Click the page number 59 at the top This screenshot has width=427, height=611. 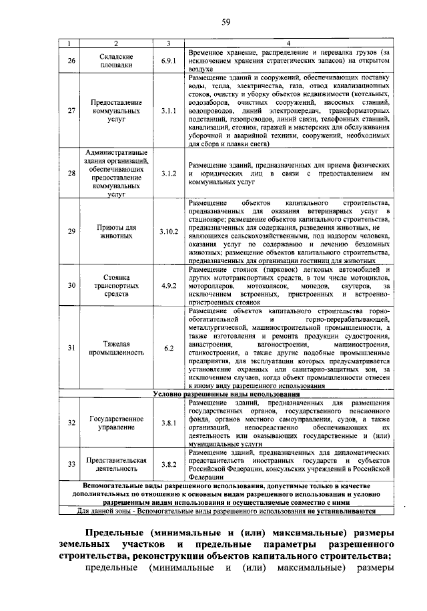[x=226, y=23]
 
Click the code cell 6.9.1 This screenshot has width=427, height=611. [x=168, y=61]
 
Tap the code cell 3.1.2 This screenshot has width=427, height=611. [x=168, y=174]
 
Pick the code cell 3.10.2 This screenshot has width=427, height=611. [x=169, y=232]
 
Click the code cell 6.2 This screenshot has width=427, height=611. [x=168, y=348]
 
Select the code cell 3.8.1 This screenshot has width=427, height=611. [x=168, y=423]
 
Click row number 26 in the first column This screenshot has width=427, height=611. [x=72, y=61]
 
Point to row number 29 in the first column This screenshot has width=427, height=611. [x=72, y=232]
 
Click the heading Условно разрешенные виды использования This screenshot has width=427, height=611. [x=226, y=395]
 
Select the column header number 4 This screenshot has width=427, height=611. [x=288, y=43]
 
